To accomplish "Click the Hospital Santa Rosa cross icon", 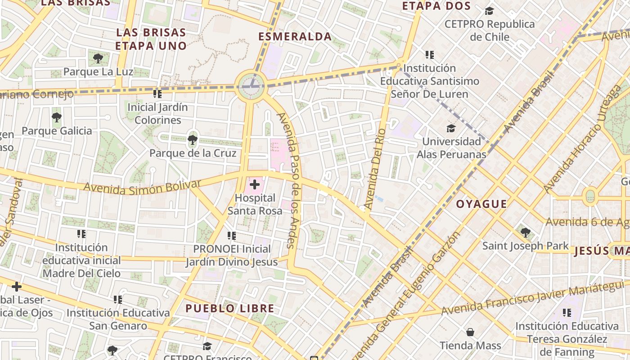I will pyautogui.click(x=255, y=184).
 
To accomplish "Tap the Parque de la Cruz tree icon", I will pyautogui.click(x=193, y=139).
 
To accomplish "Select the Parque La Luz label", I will pyautogui.click(x=98, y=72).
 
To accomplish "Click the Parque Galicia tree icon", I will pyautogui.click(x=57, y=117).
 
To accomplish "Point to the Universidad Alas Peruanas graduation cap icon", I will pyautogui.click(x=451, y=128).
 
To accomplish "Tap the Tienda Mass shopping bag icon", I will pyautogui.click(x=470, y=332).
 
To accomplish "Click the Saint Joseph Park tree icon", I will pyautogui.click(x=525, y=233).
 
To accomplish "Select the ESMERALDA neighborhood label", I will pyautogui.click(x=295, y=37).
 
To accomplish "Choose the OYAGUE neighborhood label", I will pyautogui.click(x=481, y=204).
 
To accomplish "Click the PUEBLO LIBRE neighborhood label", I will pyautogui.click(x=230, y=308).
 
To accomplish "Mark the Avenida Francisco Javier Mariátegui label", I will pyautogui.click(x=533, y=298).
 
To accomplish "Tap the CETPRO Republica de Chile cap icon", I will pyautogui.click(x=489, y=11).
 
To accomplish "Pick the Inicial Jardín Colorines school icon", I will pyautogui.click(x=157, y=94).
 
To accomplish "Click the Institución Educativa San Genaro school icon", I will pyautogui.click(x=118, y=299).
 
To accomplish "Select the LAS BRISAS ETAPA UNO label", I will pyautogui.click(x=151, y=39).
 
